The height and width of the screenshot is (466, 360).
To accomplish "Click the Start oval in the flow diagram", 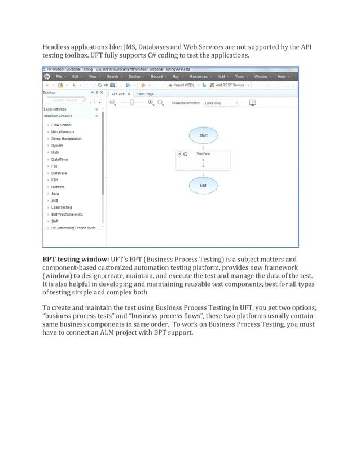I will (203, 135).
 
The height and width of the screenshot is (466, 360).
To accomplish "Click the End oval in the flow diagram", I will (203, 186).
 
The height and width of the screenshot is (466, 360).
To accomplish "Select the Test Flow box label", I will (203, 153).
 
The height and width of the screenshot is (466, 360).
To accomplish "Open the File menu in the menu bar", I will (59, 77).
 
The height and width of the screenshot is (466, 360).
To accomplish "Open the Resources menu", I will (199, 77).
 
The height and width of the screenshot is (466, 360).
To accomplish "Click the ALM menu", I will (221, 77).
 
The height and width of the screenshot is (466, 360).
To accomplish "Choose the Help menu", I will (281, 77).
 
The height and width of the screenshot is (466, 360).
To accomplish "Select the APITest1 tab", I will (118, 94).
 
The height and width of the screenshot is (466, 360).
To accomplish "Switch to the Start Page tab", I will (146, 94).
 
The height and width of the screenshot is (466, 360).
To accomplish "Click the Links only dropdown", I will (221, 103).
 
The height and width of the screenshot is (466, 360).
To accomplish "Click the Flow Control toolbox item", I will (61, 125).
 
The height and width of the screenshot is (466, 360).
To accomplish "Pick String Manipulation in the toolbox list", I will (66, 139).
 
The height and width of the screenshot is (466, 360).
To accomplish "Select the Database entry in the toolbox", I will (59, 173).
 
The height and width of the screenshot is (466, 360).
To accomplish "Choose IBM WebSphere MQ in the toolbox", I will (67, 214).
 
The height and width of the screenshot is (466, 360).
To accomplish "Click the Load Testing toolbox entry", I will (62, 208).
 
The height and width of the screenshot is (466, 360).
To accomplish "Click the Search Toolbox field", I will (65, 100).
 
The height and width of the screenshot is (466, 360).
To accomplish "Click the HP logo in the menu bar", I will (47, 77).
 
